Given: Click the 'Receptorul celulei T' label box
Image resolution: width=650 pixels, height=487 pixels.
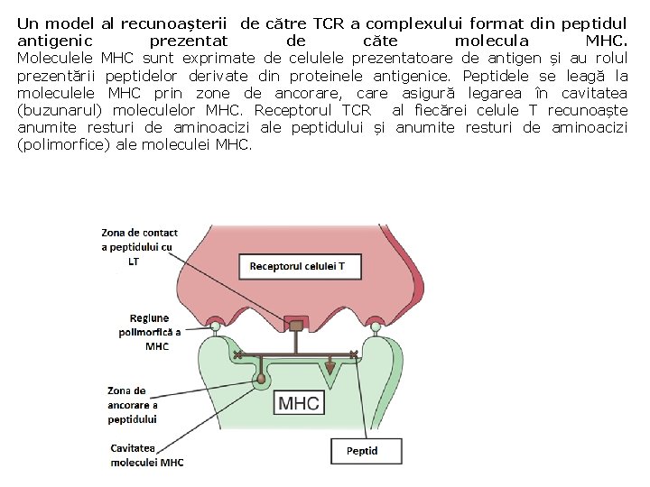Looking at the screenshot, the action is click(297, 266).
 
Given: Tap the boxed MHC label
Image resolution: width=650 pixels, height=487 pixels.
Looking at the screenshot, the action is click(299, 402).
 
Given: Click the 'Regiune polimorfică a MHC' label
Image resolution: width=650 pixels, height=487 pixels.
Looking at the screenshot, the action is click(149, 332).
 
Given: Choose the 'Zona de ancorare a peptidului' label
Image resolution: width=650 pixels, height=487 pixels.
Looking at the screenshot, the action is click(132, 405).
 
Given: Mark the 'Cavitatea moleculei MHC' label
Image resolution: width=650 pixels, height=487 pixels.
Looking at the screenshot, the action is click(145, 455).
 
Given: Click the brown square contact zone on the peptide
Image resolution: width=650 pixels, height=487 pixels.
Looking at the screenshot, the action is click(295, 323).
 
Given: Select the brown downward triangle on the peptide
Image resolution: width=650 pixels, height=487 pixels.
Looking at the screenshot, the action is click(330, 366).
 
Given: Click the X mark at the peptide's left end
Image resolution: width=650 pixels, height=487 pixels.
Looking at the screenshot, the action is click(237, 354).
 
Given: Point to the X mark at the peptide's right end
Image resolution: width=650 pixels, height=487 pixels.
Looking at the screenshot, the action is click(353, 354).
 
